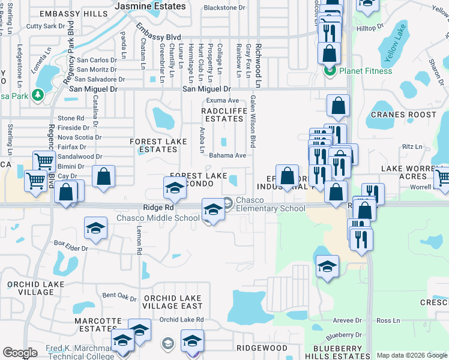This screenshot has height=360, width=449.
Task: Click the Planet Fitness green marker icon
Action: pos(330,71)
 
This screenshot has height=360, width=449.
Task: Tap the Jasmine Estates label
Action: pos(150,6)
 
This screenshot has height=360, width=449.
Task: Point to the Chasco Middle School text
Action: pos(158,218)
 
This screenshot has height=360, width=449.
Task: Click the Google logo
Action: pos(20,353)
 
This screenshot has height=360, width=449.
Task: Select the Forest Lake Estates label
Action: pos(154,145)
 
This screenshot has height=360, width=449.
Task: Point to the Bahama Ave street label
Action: pos(228,155)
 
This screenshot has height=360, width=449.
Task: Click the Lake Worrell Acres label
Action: pos(412,172)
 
